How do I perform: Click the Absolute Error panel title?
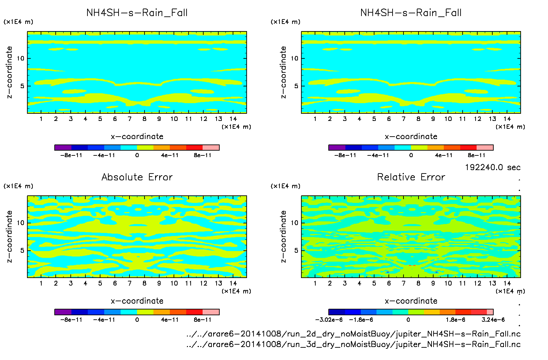[x=137, y=177]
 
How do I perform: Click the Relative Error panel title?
[x=411, y=177]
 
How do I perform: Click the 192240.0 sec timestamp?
[x=492, y=167]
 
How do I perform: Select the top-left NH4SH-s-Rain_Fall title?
[x=137, y=13]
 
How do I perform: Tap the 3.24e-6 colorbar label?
[x=493, y=320]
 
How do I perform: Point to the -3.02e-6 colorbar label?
[x=329, y=320]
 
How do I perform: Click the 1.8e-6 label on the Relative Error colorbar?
[x=455, y=320]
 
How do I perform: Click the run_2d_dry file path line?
[x=353, y=334]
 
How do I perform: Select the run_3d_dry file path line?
[x=353, y=344]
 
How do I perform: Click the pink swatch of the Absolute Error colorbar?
[x=211, y=312]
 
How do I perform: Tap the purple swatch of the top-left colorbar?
[x=63, y=148]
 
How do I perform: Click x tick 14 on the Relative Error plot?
[x=507, y=283]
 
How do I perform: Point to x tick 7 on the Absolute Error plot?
[x=129, y=283]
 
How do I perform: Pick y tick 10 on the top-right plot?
[x=294, y=58]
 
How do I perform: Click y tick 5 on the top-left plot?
[x=22, y=86]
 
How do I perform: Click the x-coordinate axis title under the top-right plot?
[x=411, y=137]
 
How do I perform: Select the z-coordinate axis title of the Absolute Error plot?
[x=9, y=236]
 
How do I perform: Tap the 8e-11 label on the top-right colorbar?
[x=476, y=155]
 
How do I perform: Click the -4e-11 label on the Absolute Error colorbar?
[x=104, y=320]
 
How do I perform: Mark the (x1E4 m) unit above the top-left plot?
[x=18, y=22]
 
